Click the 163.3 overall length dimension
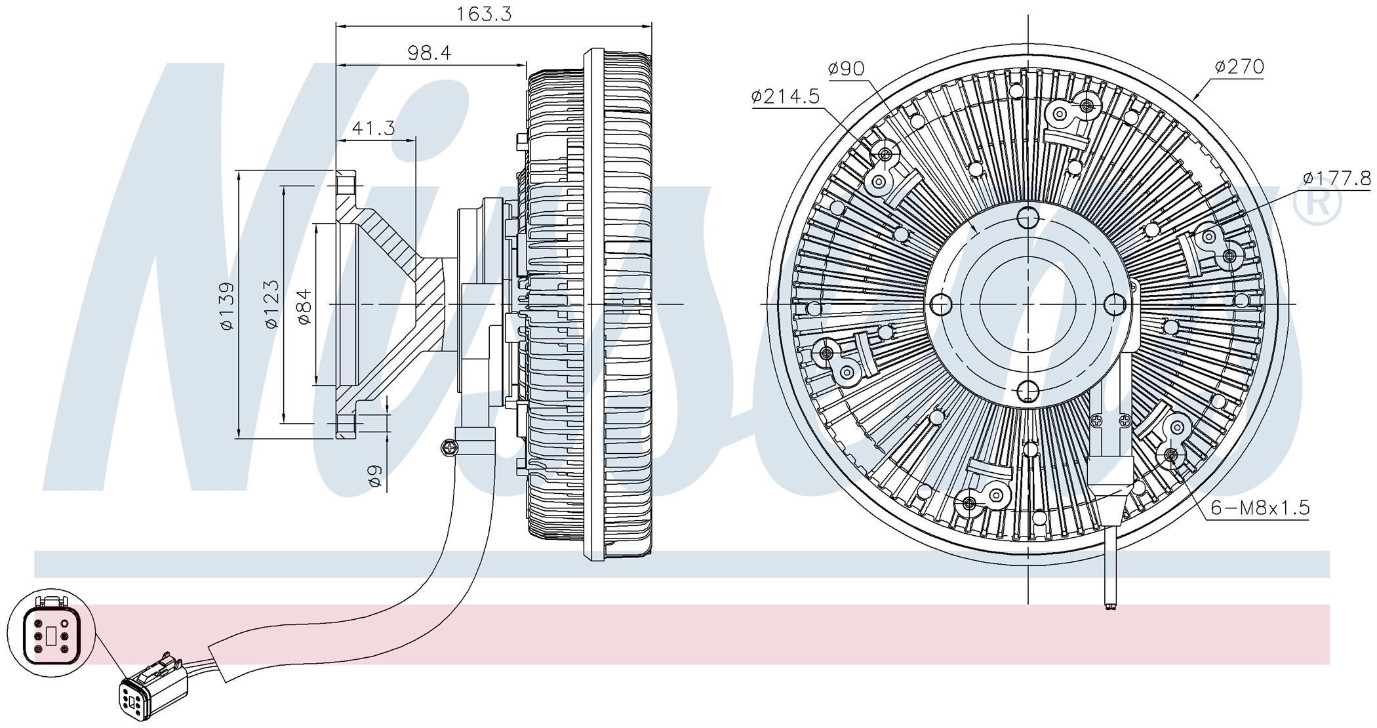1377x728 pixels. coord(485,14)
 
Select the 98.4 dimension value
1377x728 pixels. coord(429,52)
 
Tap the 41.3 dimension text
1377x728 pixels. coord(373,127)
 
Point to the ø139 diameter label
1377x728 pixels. coord(227,306)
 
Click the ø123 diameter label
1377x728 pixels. coord(271,304)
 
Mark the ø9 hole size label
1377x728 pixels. coord(375,475)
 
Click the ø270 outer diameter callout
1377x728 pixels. coord(1239,66)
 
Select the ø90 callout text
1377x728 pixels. coord(846,68)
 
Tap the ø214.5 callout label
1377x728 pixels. coord(786,97)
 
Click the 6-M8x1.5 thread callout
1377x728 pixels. coord(1259,507)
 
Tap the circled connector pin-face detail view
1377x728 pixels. coord(52,635)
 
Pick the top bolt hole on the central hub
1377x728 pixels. coord(1028,216)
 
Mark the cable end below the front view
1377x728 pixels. coord(1109,607)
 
